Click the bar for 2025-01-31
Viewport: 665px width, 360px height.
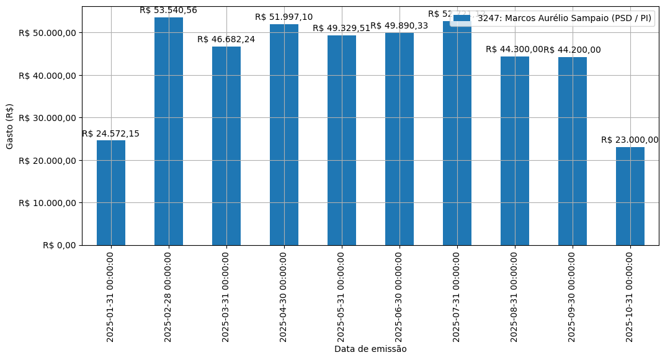point(111,192)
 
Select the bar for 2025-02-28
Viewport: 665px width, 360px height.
point(169,131)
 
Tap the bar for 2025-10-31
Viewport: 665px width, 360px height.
point(630,196)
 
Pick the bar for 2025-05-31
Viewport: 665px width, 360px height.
point(342,140)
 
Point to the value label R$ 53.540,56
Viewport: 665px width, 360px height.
point(168,10)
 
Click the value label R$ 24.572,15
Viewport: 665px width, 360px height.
point(111,133)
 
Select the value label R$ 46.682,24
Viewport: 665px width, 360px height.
point(226,39)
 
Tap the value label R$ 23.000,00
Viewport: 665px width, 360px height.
point(630,140)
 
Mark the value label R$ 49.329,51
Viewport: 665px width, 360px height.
point(341,28)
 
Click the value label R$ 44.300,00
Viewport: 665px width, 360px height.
point(514,50)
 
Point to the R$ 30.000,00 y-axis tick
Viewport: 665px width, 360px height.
point(47,118)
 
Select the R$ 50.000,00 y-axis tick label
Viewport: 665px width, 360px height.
point(47,33)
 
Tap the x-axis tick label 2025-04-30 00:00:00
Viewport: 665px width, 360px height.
point(284,297)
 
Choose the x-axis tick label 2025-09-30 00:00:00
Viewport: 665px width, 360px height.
point(572,297)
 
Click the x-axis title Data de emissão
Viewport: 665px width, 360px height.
point(370,349)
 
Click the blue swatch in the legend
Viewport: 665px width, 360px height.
point(462,19)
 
